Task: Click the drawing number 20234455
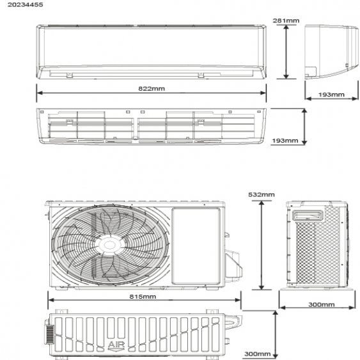(25, 4)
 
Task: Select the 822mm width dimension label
(152, 89)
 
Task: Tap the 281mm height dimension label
(286, 20)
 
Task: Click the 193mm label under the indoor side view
(331, 95)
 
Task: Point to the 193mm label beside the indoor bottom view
(285, 140)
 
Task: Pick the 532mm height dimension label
(262, 194)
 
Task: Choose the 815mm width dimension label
(143, 297)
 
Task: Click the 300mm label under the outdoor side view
(322, 304)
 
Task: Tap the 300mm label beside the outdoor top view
(258, 354)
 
